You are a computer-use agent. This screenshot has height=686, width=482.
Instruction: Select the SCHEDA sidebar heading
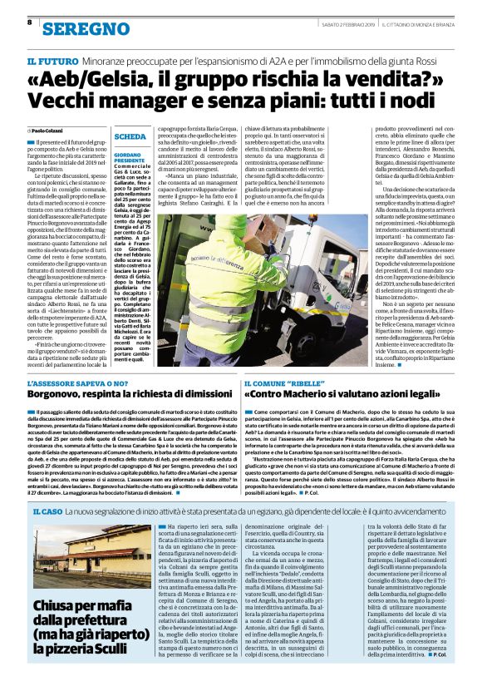(130, 136)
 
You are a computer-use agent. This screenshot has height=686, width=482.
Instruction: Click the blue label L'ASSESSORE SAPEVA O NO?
(80, 382)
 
